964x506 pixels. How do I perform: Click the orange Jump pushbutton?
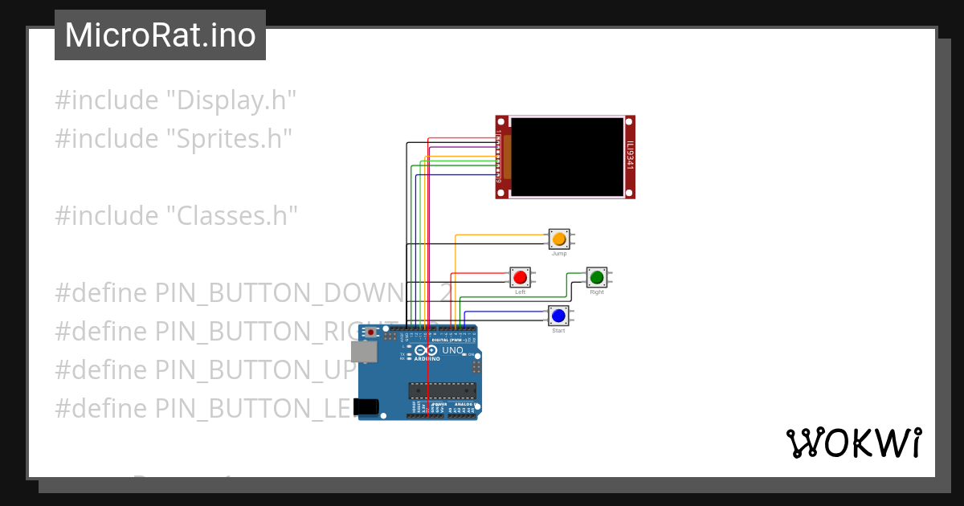[559, 239]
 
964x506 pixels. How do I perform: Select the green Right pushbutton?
[597, 278]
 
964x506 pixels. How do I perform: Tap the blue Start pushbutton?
[558, 316]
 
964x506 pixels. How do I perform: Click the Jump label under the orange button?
[559, 254]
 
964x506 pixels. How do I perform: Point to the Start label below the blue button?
[558, 331]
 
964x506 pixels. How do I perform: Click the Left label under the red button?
[520, 292]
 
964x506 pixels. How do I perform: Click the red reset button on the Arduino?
[370, 332]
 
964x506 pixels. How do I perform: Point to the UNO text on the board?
[453, 350]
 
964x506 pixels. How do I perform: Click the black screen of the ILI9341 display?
[567, 157]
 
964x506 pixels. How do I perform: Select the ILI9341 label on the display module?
[630, 157]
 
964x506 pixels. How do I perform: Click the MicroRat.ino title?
[160, 35]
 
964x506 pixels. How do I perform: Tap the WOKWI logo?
[853, 443]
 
